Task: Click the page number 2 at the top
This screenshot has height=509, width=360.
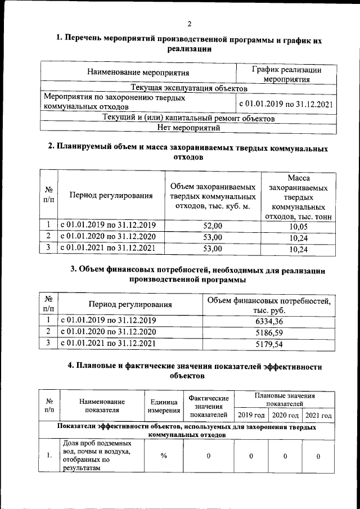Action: pos(190,24)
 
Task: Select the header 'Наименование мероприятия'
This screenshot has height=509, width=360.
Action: pos(138,73)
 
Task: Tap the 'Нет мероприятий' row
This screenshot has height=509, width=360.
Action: pos(189,128)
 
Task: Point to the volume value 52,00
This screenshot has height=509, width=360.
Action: pos(213,226)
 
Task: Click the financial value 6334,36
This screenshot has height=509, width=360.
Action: pos(268,321)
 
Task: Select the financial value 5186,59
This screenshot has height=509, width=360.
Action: pos(268,332)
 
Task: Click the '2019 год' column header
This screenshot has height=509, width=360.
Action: pos(251,415)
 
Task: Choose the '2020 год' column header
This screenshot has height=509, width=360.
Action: pos(285,415)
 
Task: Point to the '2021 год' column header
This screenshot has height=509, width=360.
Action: pos(318,415)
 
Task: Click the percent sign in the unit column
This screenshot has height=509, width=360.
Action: pos(164,455)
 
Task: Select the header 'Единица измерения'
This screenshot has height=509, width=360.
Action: pos(164,406)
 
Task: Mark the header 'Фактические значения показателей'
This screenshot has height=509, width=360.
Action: pos(209,406)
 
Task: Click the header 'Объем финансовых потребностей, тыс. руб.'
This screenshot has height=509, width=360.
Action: pos(268,305)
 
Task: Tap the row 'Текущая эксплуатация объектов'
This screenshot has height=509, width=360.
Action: pos(189,88)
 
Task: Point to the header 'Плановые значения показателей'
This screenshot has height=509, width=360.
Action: pos(285,400)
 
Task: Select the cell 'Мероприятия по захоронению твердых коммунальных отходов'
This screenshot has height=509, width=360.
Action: pos(138,102)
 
